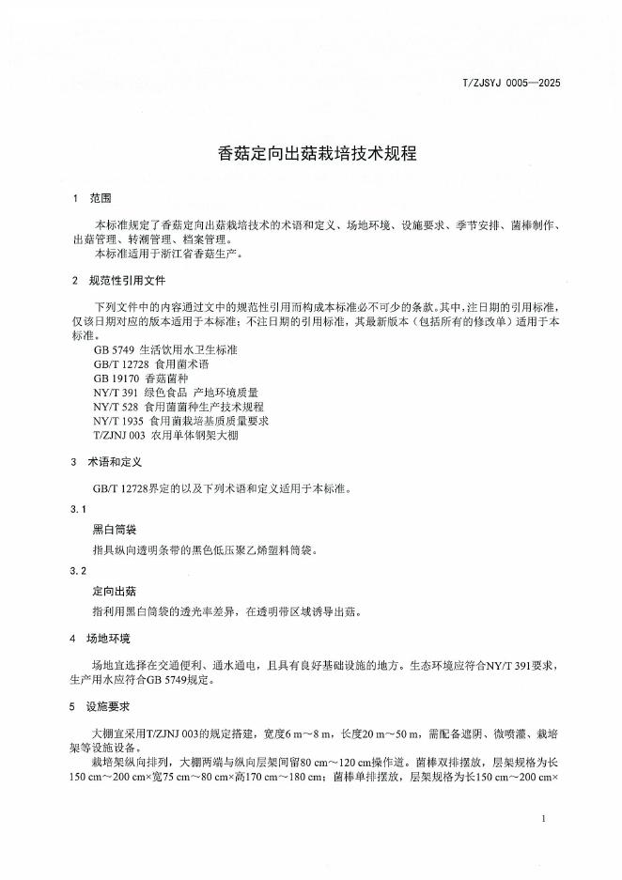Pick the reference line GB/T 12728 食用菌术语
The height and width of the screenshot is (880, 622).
click(x=148, y=363)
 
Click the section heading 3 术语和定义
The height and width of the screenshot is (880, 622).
click(x=108, y=463)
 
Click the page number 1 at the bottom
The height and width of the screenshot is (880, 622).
click(x=544, y=820)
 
